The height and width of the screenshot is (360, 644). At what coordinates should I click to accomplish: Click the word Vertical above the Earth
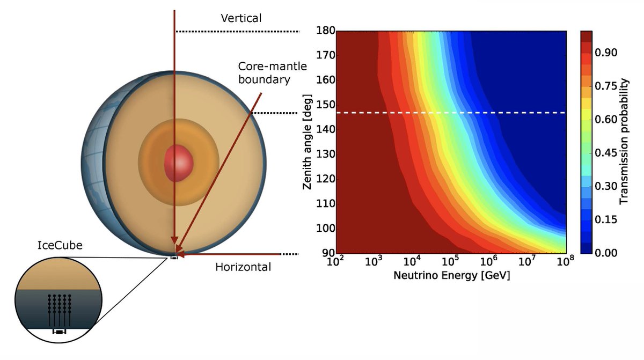point(241,18)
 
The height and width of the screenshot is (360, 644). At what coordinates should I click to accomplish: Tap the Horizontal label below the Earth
point(243,267)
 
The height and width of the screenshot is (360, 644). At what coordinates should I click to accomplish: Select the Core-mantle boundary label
point(273,73)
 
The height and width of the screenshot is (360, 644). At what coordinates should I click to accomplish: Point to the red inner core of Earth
point(178,162)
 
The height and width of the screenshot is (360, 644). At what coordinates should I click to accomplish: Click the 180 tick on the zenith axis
point(325,31)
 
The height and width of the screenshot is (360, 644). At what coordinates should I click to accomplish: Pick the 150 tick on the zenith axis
point(325,105)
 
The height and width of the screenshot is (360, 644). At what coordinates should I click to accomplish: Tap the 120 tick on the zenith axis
point(325,179)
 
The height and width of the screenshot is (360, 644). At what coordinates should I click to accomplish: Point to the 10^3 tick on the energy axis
point(373,262)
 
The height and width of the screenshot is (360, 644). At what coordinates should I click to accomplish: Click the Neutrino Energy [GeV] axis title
point(451,276)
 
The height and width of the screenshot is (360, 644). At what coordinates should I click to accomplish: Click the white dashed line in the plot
point(451,113)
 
